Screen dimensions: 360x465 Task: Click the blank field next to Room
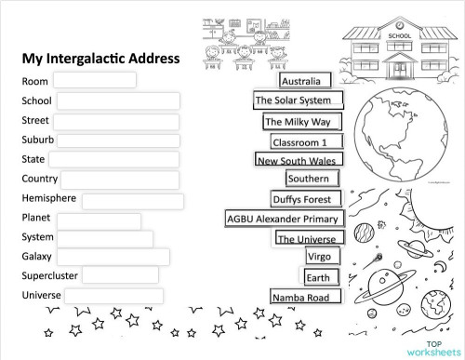(100, 80)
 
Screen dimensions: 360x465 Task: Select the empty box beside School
(117, 100)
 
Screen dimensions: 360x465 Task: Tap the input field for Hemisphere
(132, 201)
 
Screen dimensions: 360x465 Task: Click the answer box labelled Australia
(300, 81)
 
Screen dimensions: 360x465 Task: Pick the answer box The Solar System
(298, 100)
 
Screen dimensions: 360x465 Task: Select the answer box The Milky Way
(302, 122)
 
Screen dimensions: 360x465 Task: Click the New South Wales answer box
(295, 160)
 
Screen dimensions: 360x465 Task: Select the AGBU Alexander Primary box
(285, 219)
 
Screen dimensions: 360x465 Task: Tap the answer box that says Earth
(318, 277)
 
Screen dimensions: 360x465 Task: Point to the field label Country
(40, 179)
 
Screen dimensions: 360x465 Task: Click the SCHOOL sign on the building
(398, 37)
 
